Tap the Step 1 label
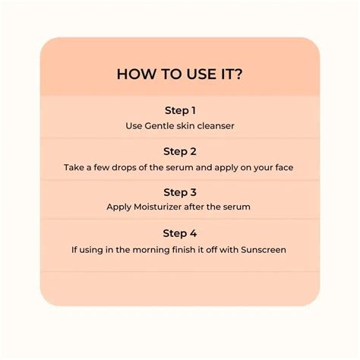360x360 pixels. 179,110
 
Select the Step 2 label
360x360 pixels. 179,151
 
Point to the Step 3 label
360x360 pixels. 179,191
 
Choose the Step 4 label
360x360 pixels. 179,232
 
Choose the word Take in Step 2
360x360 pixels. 74,166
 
